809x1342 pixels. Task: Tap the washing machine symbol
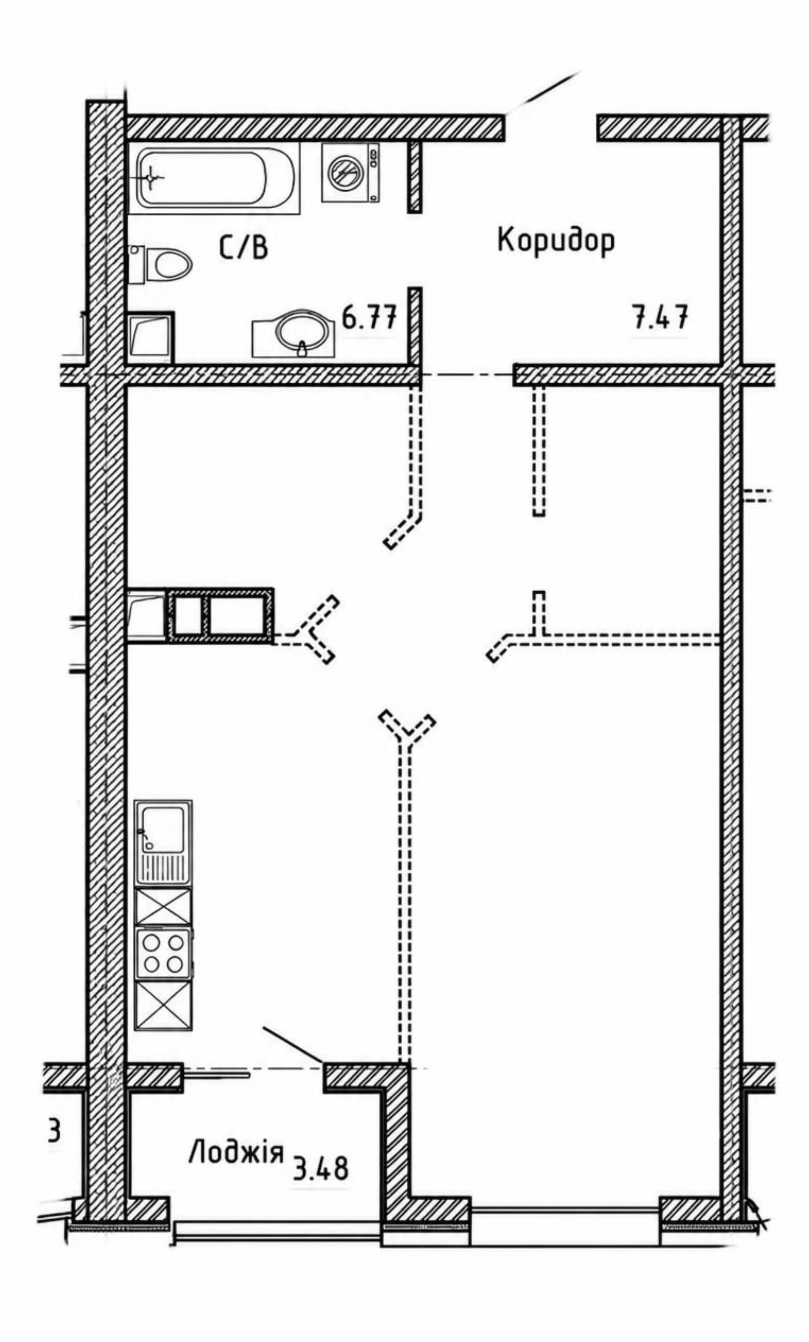350,172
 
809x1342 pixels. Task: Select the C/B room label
244,248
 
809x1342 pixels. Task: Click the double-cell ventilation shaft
220,615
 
